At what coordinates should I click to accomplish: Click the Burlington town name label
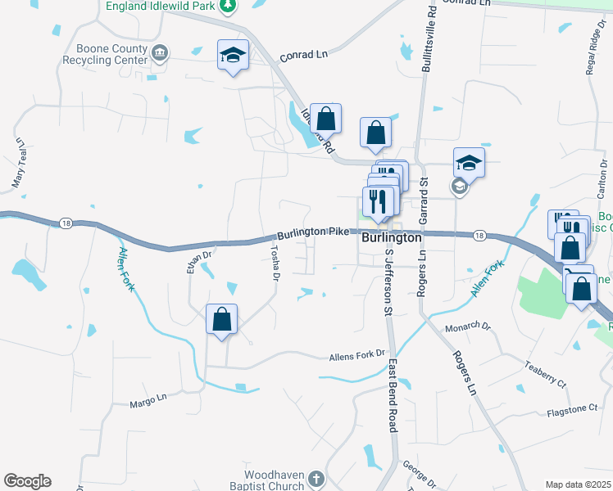[392, 237]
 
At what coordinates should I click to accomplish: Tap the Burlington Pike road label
[314, 232]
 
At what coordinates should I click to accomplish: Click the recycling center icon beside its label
[161, 54]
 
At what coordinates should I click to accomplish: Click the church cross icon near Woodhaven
[317, 479]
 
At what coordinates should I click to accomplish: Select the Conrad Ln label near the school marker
[303, 56]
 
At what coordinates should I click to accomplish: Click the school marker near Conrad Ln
[234, 56]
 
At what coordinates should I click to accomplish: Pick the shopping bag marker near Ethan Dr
[221, 320]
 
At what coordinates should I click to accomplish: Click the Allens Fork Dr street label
[356, 356]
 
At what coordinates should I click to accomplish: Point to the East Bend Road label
[393, 394]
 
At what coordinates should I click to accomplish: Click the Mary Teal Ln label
[18, 161]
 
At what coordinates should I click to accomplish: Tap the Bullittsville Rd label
[427, 40]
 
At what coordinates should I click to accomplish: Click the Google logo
[27, 481]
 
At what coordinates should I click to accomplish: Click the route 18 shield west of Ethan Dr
[66, 223]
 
